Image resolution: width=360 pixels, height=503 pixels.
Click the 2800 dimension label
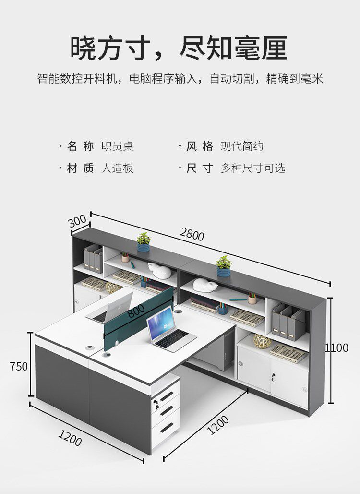192,235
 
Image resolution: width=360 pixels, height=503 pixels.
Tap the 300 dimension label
78,222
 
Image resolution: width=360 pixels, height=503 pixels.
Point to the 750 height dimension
19,366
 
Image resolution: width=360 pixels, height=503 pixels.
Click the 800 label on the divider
136,312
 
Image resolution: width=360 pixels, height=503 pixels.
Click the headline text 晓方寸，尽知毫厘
179,48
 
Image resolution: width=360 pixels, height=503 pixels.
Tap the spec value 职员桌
117,146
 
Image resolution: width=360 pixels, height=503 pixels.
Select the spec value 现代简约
242,146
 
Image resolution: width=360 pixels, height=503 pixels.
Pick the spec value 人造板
117,168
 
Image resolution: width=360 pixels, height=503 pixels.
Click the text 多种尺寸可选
253,168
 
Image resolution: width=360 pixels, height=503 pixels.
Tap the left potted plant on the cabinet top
143,242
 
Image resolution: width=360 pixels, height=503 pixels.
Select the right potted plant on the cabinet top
223,265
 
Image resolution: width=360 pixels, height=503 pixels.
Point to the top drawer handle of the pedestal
167,396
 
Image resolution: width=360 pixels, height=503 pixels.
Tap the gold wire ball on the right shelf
262,341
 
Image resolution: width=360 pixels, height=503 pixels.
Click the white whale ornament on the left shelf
160,271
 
